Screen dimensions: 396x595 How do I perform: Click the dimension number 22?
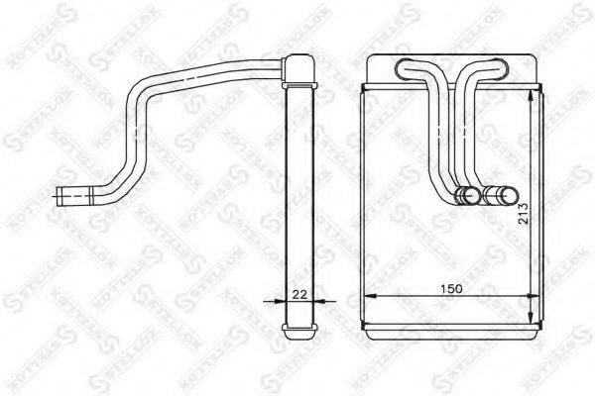pos(297,294)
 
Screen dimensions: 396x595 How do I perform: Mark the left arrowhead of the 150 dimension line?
pos(366,296)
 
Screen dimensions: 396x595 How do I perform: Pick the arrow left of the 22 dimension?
pos(275,302)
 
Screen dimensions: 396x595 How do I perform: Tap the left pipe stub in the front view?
pos(463,195)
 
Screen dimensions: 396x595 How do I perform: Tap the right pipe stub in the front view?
pos(496,195)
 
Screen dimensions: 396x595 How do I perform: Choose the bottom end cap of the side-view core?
pos(297,326)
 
